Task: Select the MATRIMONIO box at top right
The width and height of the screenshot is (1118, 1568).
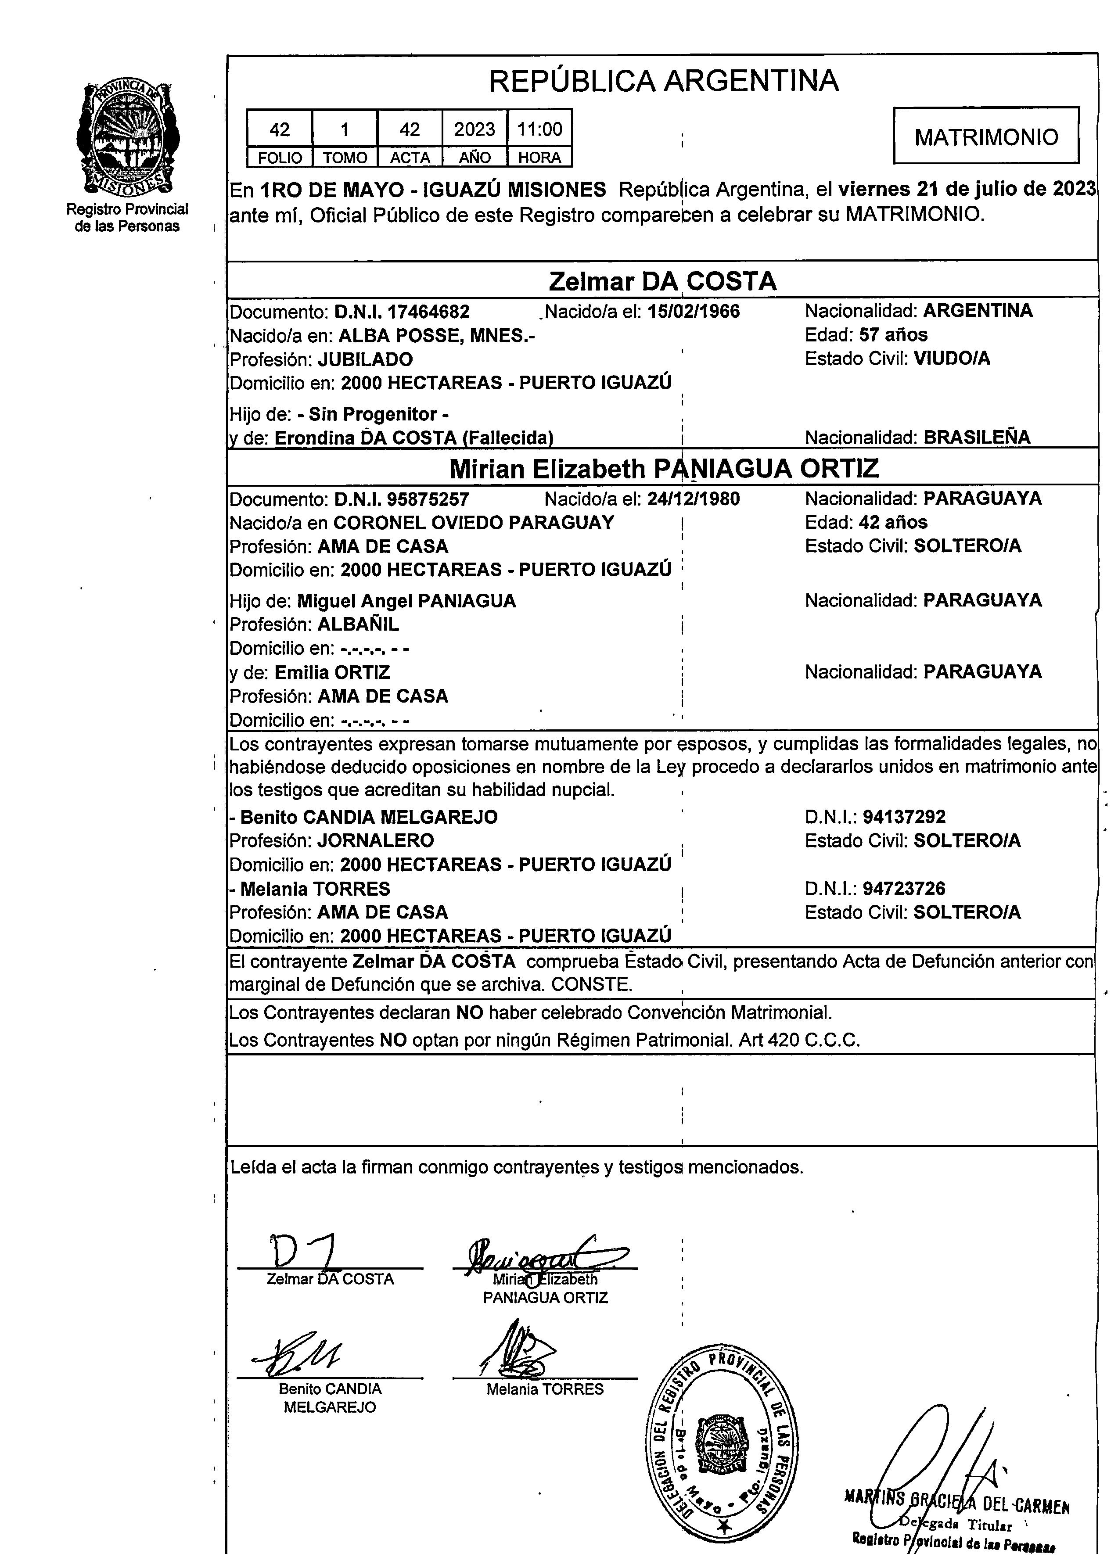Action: click(x=986, y=137)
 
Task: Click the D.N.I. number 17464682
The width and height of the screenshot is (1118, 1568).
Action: click(x=428, y=312)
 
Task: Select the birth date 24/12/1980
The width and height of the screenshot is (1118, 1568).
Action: click(x=693, y=499)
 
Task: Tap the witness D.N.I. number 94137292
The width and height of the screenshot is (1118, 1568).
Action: click(x=904, y=817)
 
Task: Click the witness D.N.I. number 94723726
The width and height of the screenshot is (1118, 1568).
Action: click(x=904, y=889)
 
